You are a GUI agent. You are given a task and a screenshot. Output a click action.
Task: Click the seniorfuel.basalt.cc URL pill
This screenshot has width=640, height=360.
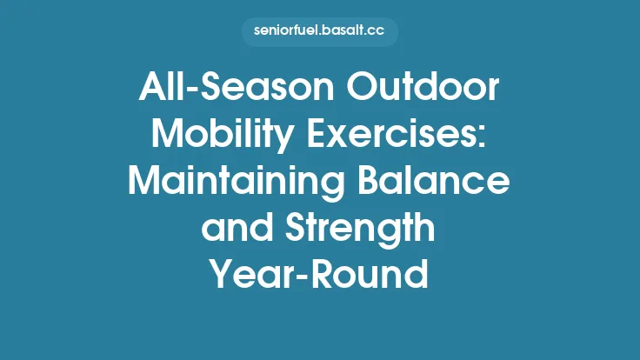[x=319, y=31]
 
